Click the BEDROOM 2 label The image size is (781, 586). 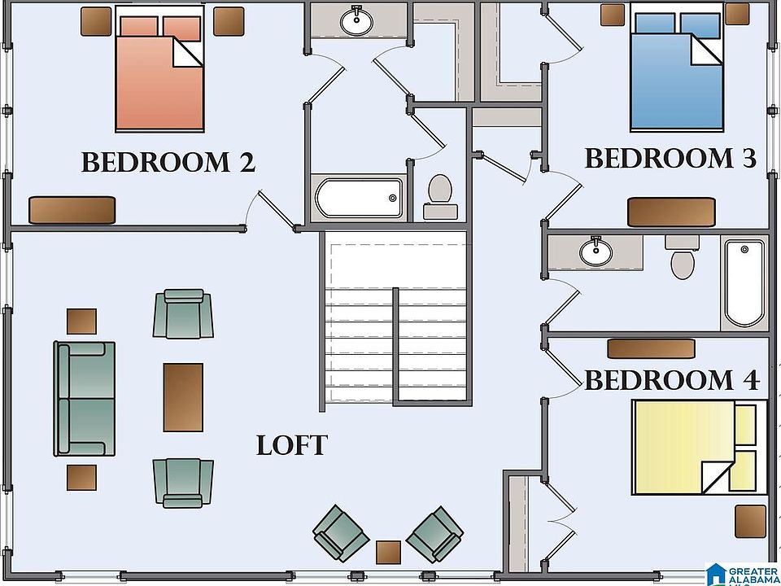pos(168,163)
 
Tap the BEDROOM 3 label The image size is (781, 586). pos(670,159)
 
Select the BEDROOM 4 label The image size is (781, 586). pos(672,380)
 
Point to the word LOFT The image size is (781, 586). pos(292,445)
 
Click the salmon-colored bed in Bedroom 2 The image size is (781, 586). pos(159,68)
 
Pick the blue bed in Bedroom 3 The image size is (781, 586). pos(676,67)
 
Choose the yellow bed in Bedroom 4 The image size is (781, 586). pos(700,447)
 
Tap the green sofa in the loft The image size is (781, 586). pos(85,398)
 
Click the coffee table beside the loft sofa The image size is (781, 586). pos(183,397)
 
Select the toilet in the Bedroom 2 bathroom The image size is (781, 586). pos(440,197)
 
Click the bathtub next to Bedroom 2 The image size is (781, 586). pos(359,198)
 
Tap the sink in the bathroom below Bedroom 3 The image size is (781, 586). pos(596,251)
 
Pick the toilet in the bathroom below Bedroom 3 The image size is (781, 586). pos(683,257)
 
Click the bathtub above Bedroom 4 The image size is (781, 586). pos(744,283)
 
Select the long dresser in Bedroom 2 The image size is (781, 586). pos(72,210)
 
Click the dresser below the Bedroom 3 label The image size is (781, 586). pos(671,212)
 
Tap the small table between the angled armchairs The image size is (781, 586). pos(389,552)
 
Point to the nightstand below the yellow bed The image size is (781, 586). pos(751,521)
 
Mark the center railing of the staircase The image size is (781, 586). pos(395,345)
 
